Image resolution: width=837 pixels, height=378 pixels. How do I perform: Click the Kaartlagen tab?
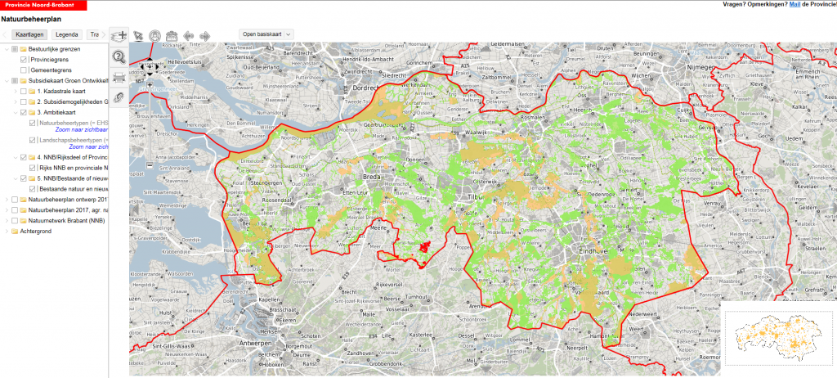(29, 35)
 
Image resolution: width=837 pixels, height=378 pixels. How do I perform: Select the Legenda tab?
(67, 35)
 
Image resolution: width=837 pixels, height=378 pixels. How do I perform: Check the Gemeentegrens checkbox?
(24, 70)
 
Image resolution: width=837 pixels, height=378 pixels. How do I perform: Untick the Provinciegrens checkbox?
(24, 60)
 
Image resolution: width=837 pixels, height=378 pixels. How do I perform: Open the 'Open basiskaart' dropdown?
(265, 34)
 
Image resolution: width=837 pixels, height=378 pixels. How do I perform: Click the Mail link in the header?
(794, 4)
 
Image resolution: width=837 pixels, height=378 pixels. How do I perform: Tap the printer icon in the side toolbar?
(119, 78)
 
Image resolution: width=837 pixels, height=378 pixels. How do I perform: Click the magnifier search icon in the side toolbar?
(119, 56)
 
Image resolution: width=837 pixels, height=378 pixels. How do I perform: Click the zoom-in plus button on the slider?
(150, 84)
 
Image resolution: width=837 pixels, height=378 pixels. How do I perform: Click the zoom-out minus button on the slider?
(150, 166)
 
